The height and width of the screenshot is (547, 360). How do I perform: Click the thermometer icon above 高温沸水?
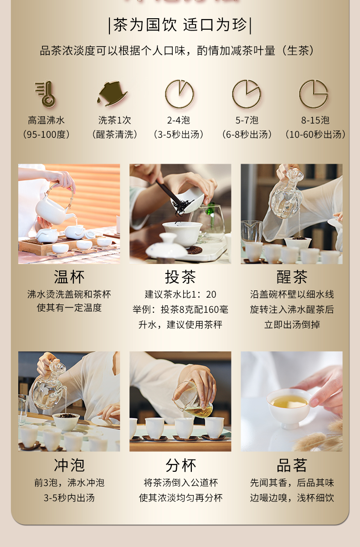[x=46, y=94]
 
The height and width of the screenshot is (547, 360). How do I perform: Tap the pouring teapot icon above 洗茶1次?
[x=112, y=94]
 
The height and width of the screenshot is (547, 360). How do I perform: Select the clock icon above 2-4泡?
[x=180, y=94]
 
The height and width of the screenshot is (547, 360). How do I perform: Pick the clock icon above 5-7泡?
[x=247, y=94]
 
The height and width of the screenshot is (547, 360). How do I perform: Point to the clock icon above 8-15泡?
[x=314, y=94]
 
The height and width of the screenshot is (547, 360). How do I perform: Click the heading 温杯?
[x=69, y=277]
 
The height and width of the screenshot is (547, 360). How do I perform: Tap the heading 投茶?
[x=180, y=277]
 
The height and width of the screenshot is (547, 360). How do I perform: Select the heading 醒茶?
[x=292, y=277]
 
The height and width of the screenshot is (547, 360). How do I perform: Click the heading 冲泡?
[x=69, y=465]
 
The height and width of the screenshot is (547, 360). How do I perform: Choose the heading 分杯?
[x=180, y=465]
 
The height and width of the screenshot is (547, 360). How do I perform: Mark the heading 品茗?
[x=292, y=465]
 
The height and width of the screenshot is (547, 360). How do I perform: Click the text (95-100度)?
[x=46, y=134]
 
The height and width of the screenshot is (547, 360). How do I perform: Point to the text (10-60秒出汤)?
[x=315, y=134]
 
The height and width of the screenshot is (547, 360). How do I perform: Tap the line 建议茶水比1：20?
[x=180, y=294]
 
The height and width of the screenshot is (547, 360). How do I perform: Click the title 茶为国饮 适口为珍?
[x=180, y=25]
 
